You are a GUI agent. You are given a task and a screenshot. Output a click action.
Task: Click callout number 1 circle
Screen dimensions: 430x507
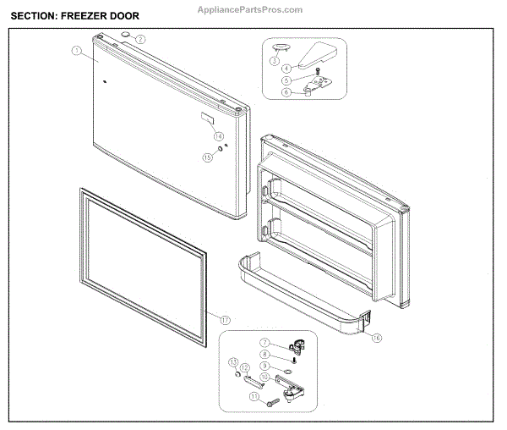point(76,51)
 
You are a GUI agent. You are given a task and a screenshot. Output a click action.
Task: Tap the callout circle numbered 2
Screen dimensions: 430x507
point(140,39)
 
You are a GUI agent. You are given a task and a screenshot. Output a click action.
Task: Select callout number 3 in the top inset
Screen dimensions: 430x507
point(275,61)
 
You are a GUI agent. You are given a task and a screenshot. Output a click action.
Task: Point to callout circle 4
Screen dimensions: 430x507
point(286,69)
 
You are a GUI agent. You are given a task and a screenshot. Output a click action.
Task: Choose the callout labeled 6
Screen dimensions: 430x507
point(286,92)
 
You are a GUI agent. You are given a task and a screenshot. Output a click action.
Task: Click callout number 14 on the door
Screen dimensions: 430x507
point(218,135)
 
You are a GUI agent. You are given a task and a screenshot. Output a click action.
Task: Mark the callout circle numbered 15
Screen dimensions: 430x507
point(207,157)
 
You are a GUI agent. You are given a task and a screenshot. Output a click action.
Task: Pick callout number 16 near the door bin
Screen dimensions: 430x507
point(376,338)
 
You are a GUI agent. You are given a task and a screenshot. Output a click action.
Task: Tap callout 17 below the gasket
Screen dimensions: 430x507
point(225,319)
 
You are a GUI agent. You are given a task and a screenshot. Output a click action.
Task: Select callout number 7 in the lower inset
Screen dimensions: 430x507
point(264,344)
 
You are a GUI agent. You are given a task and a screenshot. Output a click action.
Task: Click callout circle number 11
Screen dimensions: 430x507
point(253,396)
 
